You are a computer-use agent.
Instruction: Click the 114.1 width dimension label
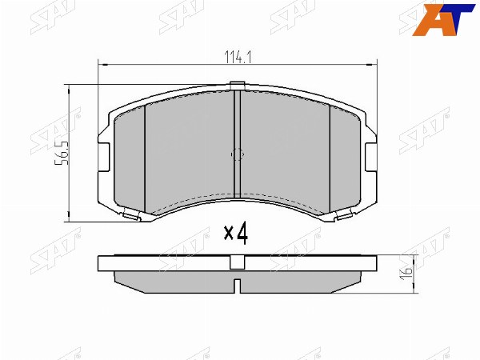[x=238, y=58]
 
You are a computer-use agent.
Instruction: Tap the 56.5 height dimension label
[x=62, y=154]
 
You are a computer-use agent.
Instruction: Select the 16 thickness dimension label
[x=406, y=273]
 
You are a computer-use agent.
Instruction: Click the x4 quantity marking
[x=235, y=234]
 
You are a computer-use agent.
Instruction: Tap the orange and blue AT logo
[x=443, y=19]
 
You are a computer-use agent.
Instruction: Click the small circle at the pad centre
[x=238, y=154]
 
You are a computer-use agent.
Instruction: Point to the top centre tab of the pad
[x=238, y=86]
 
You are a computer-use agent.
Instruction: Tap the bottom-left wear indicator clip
[x=132, y=215]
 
